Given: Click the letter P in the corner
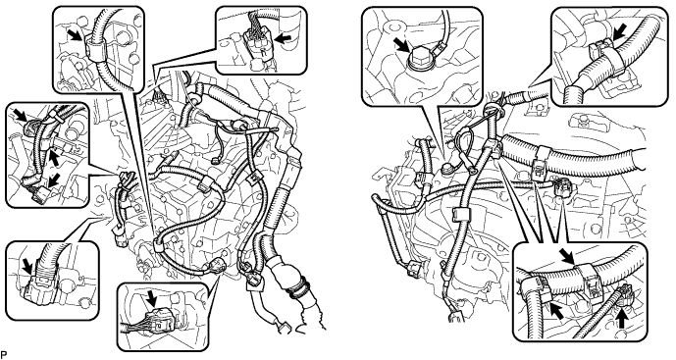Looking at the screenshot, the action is point(3,355).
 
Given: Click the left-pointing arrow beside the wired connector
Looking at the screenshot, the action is point(283,38).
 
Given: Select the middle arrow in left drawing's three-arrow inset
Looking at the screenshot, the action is point(54,157).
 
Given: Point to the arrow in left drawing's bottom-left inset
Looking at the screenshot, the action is point(28,265).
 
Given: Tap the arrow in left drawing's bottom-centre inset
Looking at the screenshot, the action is point(152,298).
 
